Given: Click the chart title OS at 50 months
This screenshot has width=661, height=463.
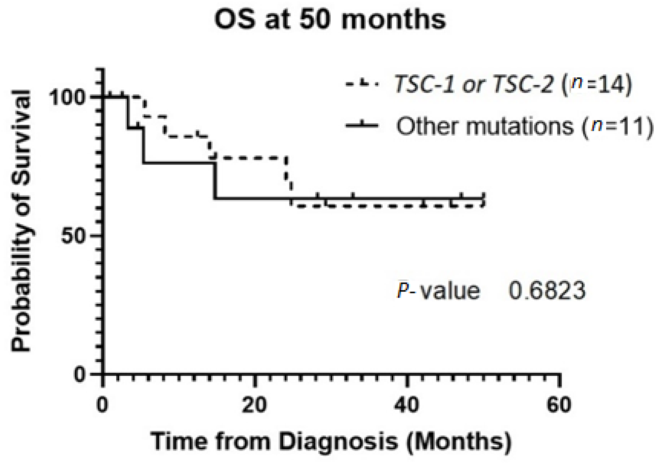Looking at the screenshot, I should tap(330, 20).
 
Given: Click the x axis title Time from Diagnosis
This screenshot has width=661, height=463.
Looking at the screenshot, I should tap(331, 441).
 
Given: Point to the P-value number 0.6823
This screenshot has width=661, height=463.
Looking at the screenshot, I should tap(547, 291).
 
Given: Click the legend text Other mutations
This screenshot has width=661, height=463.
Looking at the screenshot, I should tap(485, 127).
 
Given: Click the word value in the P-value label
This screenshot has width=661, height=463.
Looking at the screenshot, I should tap(451, 291).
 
